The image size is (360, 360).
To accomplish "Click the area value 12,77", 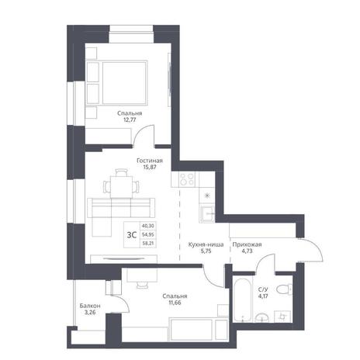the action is [x=130, y=119].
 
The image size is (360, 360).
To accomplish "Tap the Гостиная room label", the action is [x=150, y=161].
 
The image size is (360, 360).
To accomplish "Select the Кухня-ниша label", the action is [x=206, y=244].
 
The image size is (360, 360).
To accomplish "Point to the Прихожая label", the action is [x=247, y=244].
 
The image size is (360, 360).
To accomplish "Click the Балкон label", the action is [x=90, y=306].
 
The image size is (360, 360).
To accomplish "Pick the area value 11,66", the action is [x=175, y=303].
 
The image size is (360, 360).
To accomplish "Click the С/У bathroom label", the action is [x=263, y=289].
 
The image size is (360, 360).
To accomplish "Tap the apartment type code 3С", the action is [x=132, y=235].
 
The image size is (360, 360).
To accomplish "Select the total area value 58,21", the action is [x=148, y=244].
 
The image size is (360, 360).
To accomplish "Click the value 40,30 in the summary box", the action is [x=148, y=226].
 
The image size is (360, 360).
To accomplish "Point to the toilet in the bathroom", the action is [x=284, y=289].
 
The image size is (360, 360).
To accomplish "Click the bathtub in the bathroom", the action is [x=242, y=299].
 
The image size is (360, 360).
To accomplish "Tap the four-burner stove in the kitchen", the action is [x=187, y=178].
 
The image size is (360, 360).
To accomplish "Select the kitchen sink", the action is [x=207, y=213].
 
